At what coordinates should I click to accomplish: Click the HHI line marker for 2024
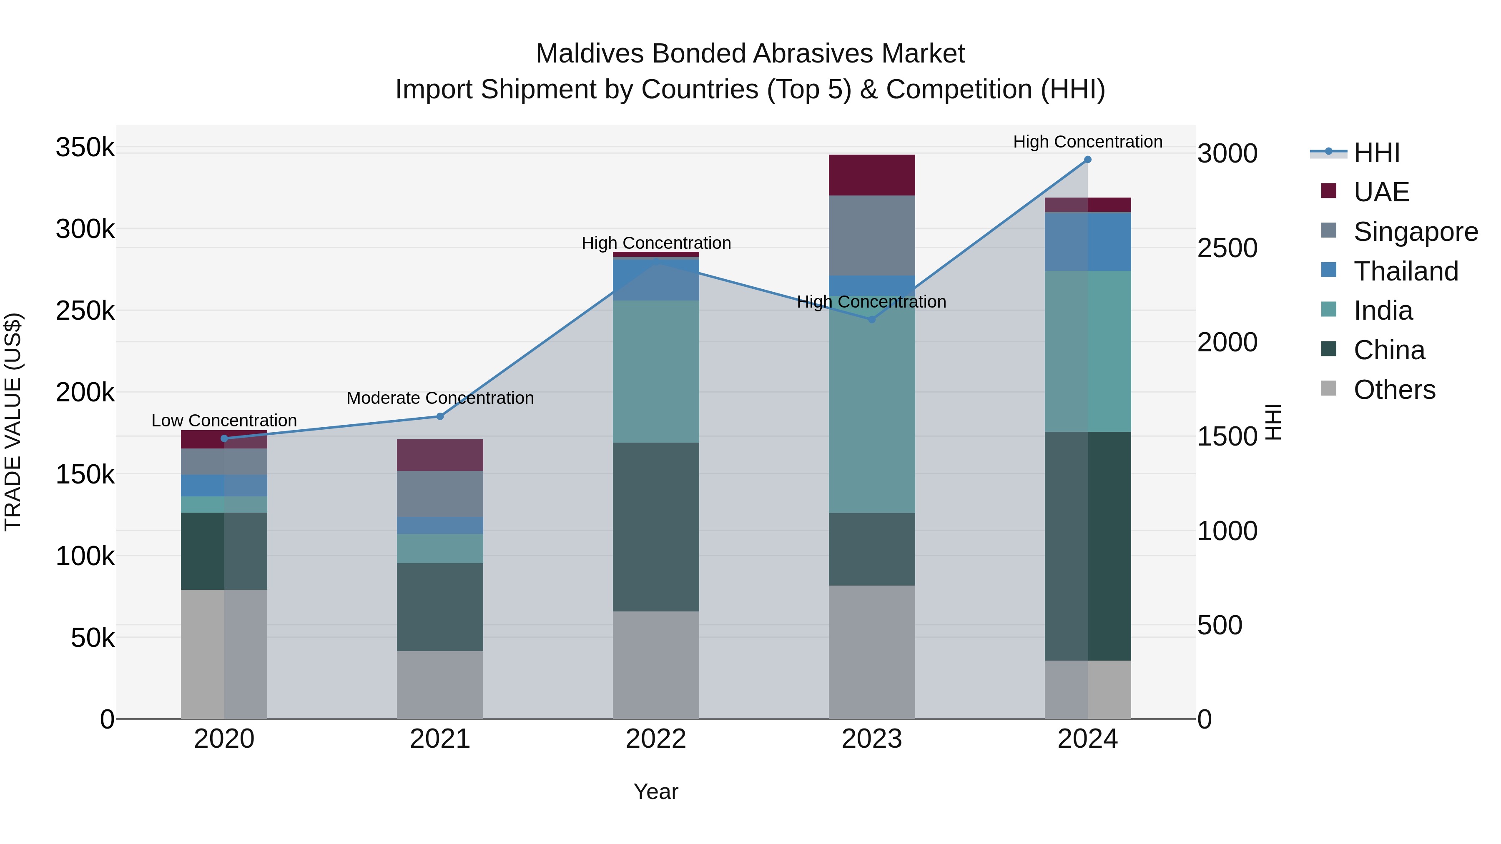click(1087, 160)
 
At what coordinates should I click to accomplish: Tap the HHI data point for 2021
click(440, 416)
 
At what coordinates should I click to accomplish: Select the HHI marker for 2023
click(872, 319)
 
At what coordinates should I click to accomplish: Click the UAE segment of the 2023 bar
click(872, 175)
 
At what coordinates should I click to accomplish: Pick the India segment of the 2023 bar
click(872, 408)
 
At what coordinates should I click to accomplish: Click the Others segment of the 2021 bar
click(440, 684)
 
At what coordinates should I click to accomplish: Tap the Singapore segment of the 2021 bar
click(440, 493)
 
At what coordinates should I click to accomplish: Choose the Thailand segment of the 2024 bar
click(1087, 241)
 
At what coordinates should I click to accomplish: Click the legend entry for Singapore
click(1415, 232)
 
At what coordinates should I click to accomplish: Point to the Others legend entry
click(1394, 390)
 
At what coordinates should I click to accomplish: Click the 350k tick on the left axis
click(85, 148)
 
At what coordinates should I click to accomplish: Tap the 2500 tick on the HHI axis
click(1227, 248)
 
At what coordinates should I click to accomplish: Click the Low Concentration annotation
click(224, 420)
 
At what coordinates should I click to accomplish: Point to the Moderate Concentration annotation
click(440, 398)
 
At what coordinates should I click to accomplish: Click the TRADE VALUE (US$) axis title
click(13, 422)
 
